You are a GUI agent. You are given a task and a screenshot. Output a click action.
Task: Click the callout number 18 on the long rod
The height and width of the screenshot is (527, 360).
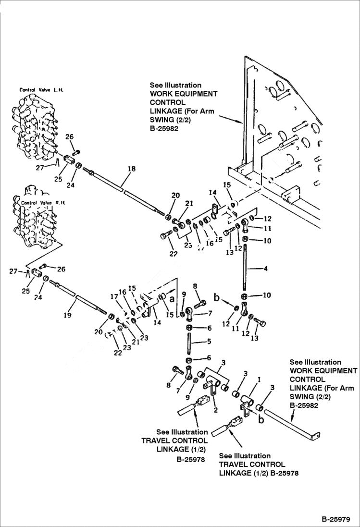pyautogui.click(x=131, y=169)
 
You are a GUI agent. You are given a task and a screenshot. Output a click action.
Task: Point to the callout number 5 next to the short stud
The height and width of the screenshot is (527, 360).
pyautogui.click(x=208, y=343)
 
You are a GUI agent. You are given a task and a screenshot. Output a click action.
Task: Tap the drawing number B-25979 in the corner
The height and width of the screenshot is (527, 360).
pyautogui.click(x=336, y=519)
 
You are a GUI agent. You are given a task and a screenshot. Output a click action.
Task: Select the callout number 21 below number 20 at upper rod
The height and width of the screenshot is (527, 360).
pyautogui.click(x=189, y=203)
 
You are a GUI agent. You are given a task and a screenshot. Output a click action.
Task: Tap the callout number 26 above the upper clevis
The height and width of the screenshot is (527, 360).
pyautogui.click(x=70, y=137)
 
